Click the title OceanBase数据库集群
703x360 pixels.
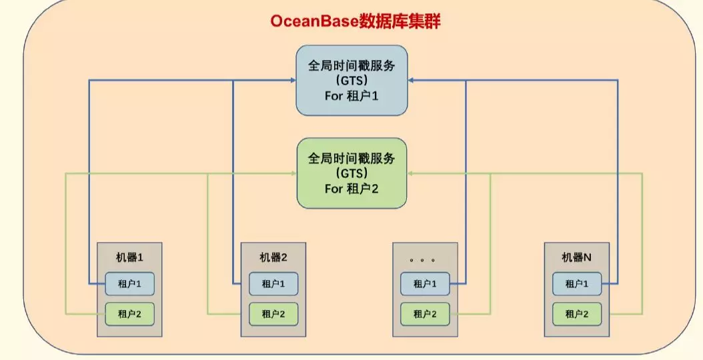pos(356,21)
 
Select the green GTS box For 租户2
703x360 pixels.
pos(351,173)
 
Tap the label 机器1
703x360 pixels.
pos(129,257)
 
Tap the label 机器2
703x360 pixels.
pos(273,257)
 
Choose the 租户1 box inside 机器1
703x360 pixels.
pos(129,284)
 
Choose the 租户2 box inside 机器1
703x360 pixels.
pos(129,313)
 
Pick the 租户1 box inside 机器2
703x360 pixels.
pos(273,284)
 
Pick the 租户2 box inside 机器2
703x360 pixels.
pos(273,313)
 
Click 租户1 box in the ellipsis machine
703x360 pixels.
pos(425,284)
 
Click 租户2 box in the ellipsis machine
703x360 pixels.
pos(425,313)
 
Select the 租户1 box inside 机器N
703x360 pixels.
pos(577,284)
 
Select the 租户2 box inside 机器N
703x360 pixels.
pos(577,313)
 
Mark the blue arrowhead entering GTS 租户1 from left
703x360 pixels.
pos(293,80)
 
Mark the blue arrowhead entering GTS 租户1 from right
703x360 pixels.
pos(411,80)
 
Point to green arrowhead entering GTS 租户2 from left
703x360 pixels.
pos(293,173)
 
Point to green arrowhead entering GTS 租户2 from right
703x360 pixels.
pos(411,173)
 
